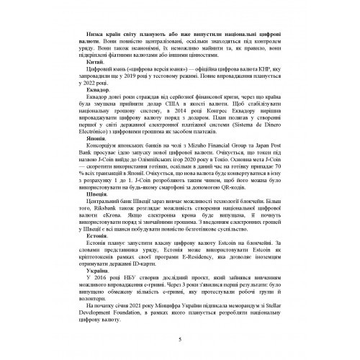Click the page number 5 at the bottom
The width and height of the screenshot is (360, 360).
tap(179, 341)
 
